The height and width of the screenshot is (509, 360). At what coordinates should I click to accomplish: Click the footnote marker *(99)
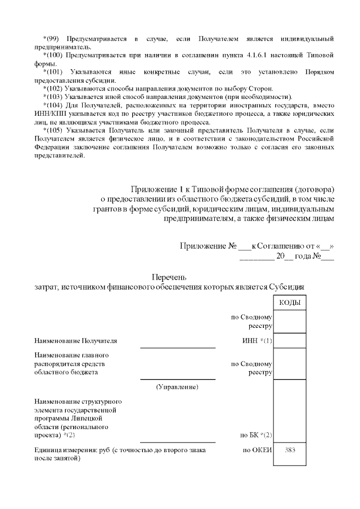[x=52, y=39]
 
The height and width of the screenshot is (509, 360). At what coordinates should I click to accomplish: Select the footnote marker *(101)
[x=53, y=72]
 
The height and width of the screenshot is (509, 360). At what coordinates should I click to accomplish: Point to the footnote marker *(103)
[x=53, y=97]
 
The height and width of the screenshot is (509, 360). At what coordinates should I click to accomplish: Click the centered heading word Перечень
[x=169, y=277]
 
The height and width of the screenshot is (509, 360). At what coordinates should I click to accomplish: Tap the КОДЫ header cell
[x=289, y=303]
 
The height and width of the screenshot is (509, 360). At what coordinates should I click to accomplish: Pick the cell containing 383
[x=290, y=450]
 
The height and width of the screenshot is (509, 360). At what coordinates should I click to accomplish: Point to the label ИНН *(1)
[x=256, y=341]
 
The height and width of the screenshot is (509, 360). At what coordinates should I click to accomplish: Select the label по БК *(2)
[x=256, y=435]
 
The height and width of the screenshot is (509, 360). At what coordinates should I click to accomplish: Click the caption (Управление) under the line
[x=177, y=387]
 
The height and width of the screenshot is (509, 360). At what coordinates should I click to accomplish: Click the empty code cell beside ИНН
[x=290, y=341]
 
